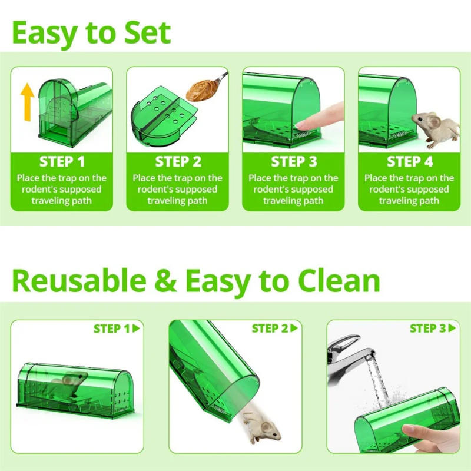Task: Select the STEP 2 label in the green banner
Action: [x=178, y=161]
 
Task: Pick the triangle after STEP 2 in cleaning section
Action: [x=294, y=329]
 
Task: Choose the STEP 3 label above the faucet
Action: [x=427, y=329]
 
